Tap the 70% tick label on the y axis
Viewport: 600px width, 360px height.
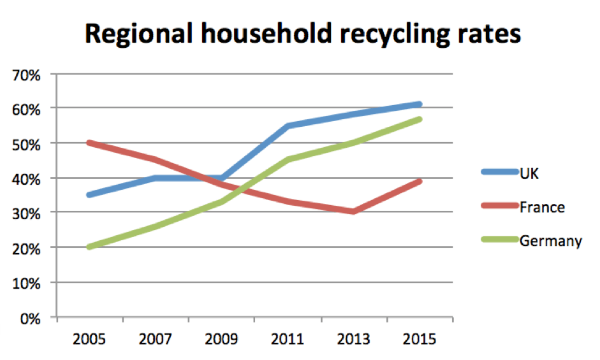point(26,75)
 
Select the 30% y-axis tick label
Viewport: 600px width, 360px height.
point(26,213)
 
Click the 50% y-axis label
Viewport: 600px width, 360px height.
point(26,143)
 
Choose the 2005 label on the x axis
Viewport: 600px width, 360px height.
point(90,338)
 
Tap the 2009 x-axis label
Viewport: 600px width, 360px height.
point(221,338)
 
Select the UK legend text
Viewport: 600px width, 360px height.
point(529,173)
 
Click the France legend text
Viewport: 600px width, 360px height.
point(542,207)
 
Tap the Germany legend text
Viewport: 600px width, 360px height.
point(550,241)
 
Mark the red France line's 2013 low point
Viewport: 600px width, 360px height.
point(353,212)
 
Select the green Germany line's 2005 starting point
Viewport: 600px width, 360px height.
point(90,247)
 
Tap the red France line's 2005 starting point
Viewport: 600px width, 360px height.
point(90,143)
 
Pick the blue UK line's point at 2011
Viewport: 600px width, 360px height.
point(288,126)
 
